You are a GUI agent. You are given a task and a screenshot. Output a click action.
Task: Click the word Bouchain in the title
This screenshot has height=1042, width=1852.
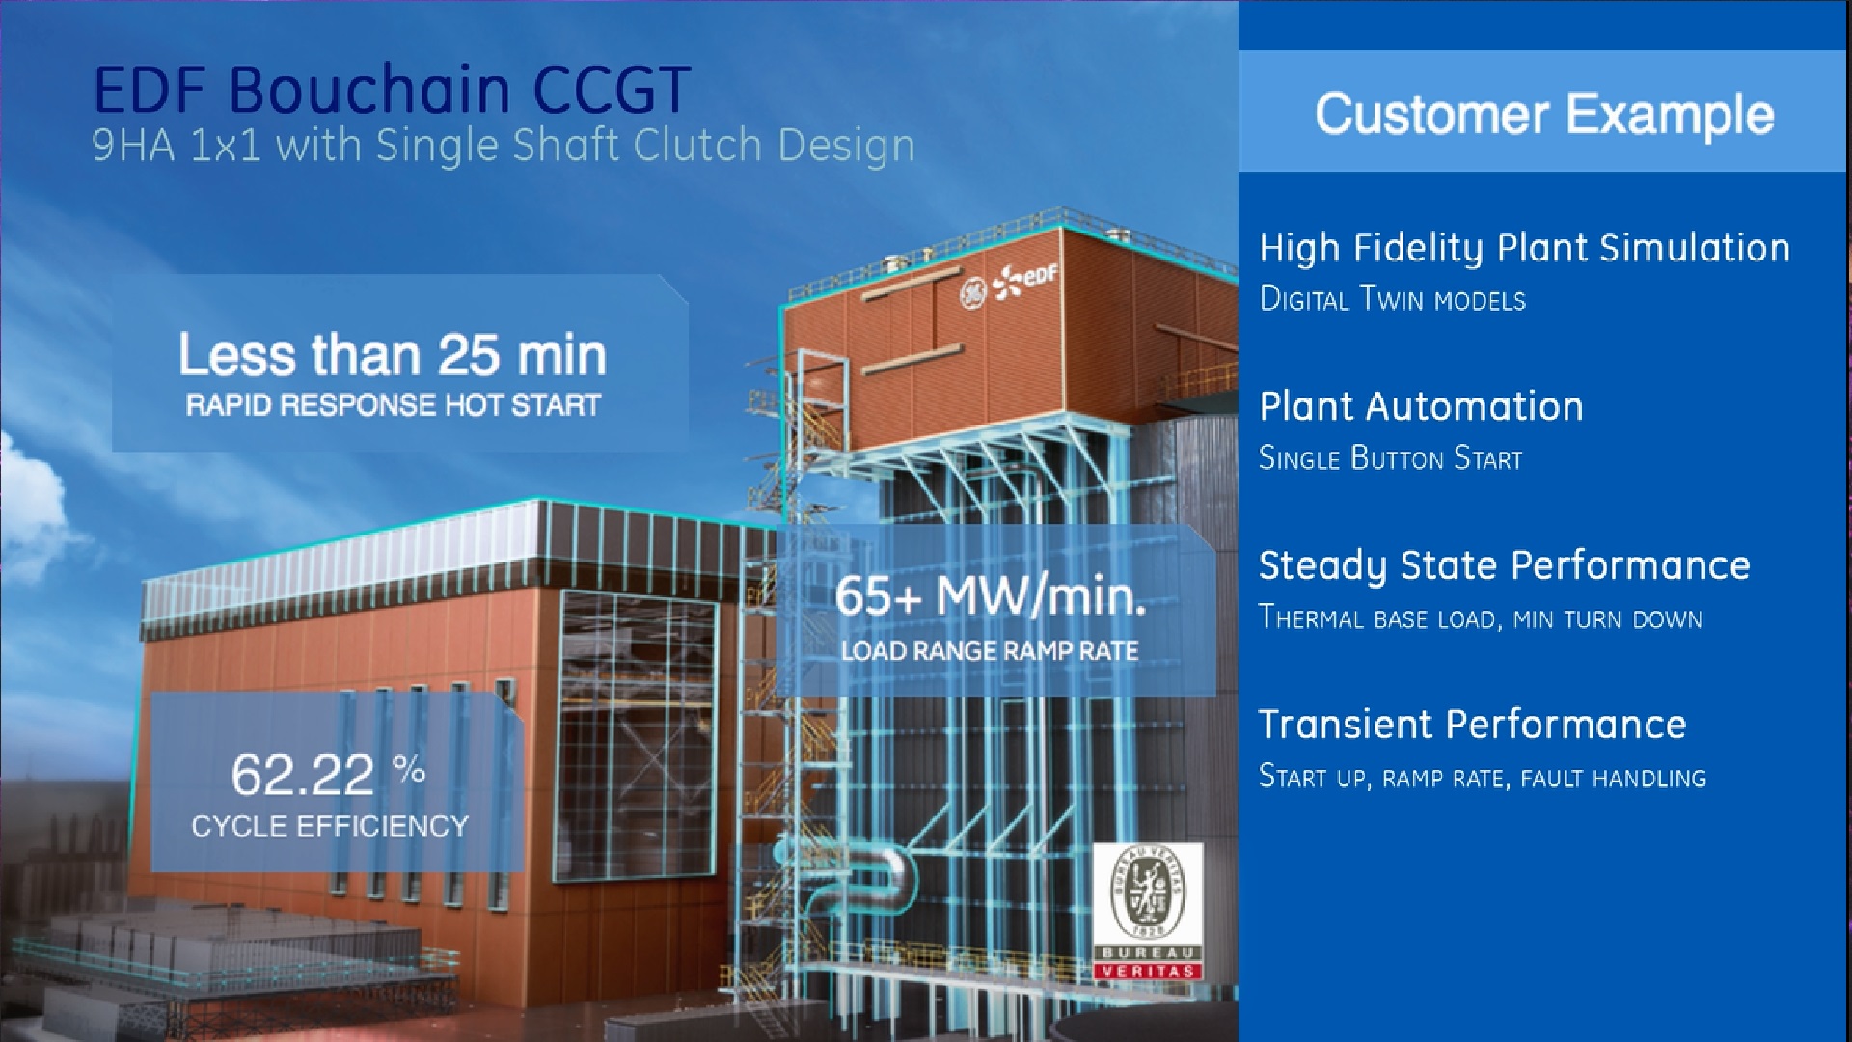[x=369, y=91]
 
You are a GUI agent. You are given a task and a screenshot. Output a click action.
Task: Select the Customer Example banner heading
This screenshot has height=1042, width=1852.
[x=1544, y=114]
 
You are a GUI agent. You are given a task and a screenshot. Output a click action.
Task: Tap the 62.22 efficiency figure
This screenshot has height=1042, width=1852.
[x=302, y=775]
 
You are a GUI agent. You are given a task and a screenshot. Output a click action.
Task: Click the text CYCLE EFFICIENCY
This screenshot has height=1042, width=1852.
[x=330, y=826]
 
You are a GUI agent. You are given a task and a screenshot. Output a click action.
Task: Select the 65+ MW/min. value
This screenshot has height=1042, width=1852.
[x=991, y=595]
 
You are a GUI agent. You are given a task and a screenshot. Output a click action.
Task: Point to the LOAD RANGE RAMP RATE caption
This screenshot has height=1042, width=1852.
[x=990, y=651]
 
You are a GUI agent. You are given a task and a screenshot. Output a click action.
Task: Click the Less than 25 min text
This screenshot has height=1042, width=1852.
[x=393, y=355]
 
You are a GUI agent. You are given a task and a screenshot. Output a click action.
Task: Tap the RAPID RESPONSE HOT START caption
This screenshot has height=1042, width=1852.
[x=394, y=404]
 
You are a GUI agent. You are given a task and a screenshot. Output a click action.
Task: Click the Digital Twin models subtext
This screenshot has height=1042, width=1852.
[x=1393, y=299]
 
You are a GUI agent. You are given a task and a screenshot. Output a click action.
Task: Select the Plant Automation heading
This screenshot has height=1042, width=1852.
[x=1421, y=406]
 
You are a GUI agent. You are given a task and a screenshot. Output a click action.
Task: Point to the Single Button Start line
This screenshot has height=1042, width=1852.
[x=1391, y=457]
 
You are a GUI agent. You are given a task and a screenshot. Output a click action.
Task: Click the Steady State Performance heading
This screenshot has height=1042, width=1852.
[x=1504, y=566]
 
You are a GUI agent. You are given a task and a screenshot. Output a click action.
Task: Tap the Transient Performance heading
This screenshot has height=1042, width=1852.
[x=1472, y=725]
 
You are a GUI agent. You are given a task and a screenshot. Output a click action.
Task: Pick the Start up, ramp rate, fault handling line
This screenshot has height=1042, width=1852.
[x=1483, y=777]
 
